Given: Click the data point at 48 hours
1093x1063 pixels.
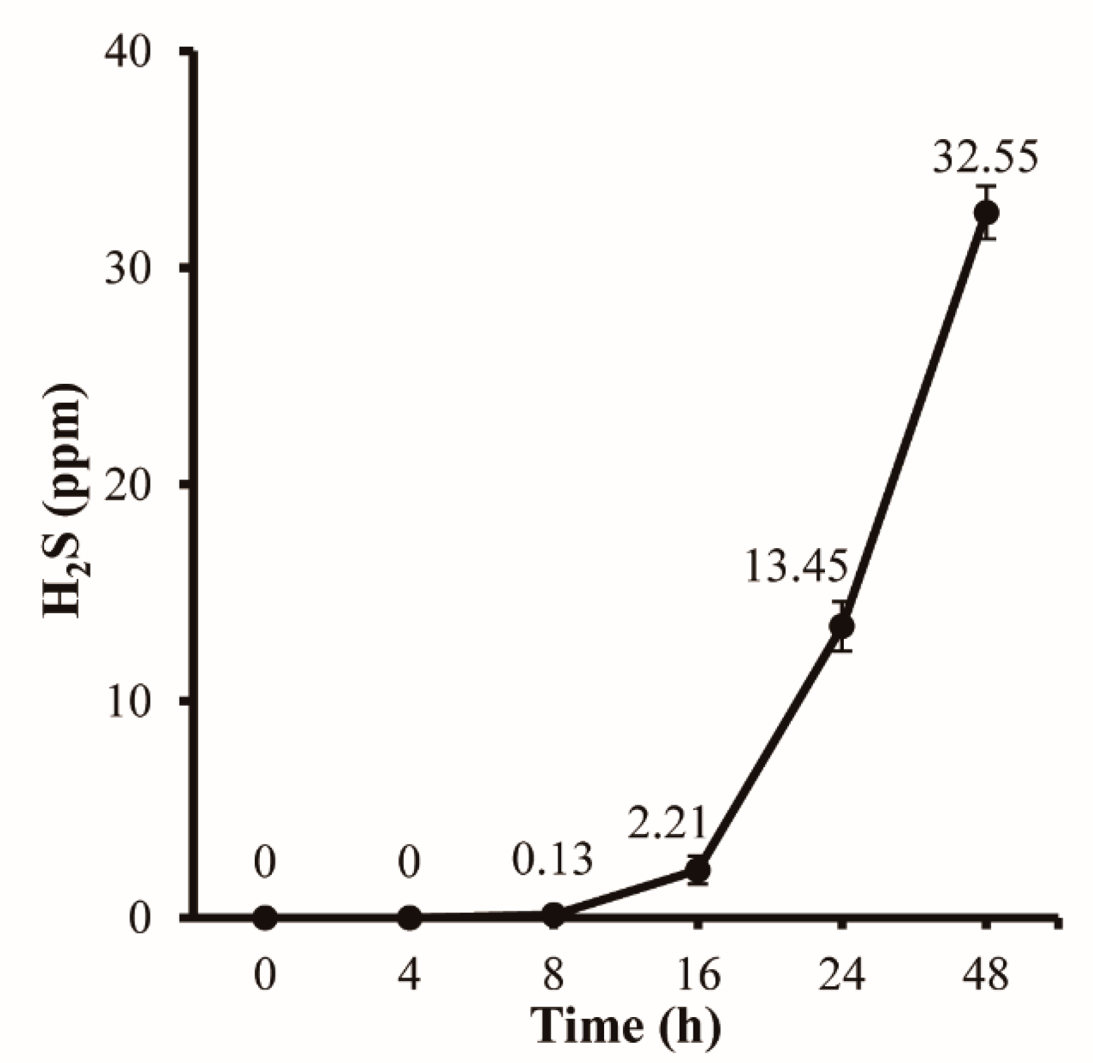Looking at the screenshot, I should point(985,213).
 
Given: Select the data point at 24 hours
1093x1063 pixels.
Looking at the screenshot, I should point(842,626).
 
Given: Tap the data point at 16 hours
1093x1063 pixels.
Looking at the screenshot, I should point(697,870).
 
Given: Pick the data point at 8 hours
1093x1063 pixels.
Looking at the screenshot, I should point(554,915).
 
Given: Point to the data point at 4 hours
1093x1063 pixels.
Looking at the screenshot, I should point(410,918).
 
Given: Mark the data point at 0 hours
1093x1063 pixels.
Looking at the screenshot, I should point(265,918).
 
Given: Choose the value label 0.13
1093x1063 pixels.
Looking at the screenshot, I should point(552,860).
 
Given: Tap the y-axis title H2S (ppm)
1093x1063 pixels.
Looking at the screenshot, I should point(65,500).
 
